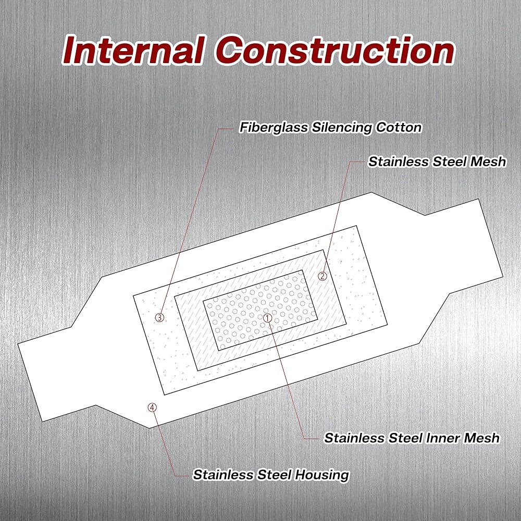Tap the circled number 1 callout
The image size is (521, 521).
click(x=267, y=317)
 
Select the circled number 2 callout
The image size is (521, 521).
click(x=322, y=276)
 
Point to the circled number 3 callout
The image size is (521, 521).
click(x=159, y=317)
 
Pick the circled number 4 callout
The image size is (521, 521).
click(x=152, y=407)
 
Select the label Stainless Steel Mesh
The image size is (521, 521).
click(x=437, y=162)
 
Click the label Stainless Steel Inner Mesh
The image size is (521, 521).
click(x=412, y=438)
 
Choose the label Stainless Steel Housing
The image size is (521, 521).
click(x=270, y=475)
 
